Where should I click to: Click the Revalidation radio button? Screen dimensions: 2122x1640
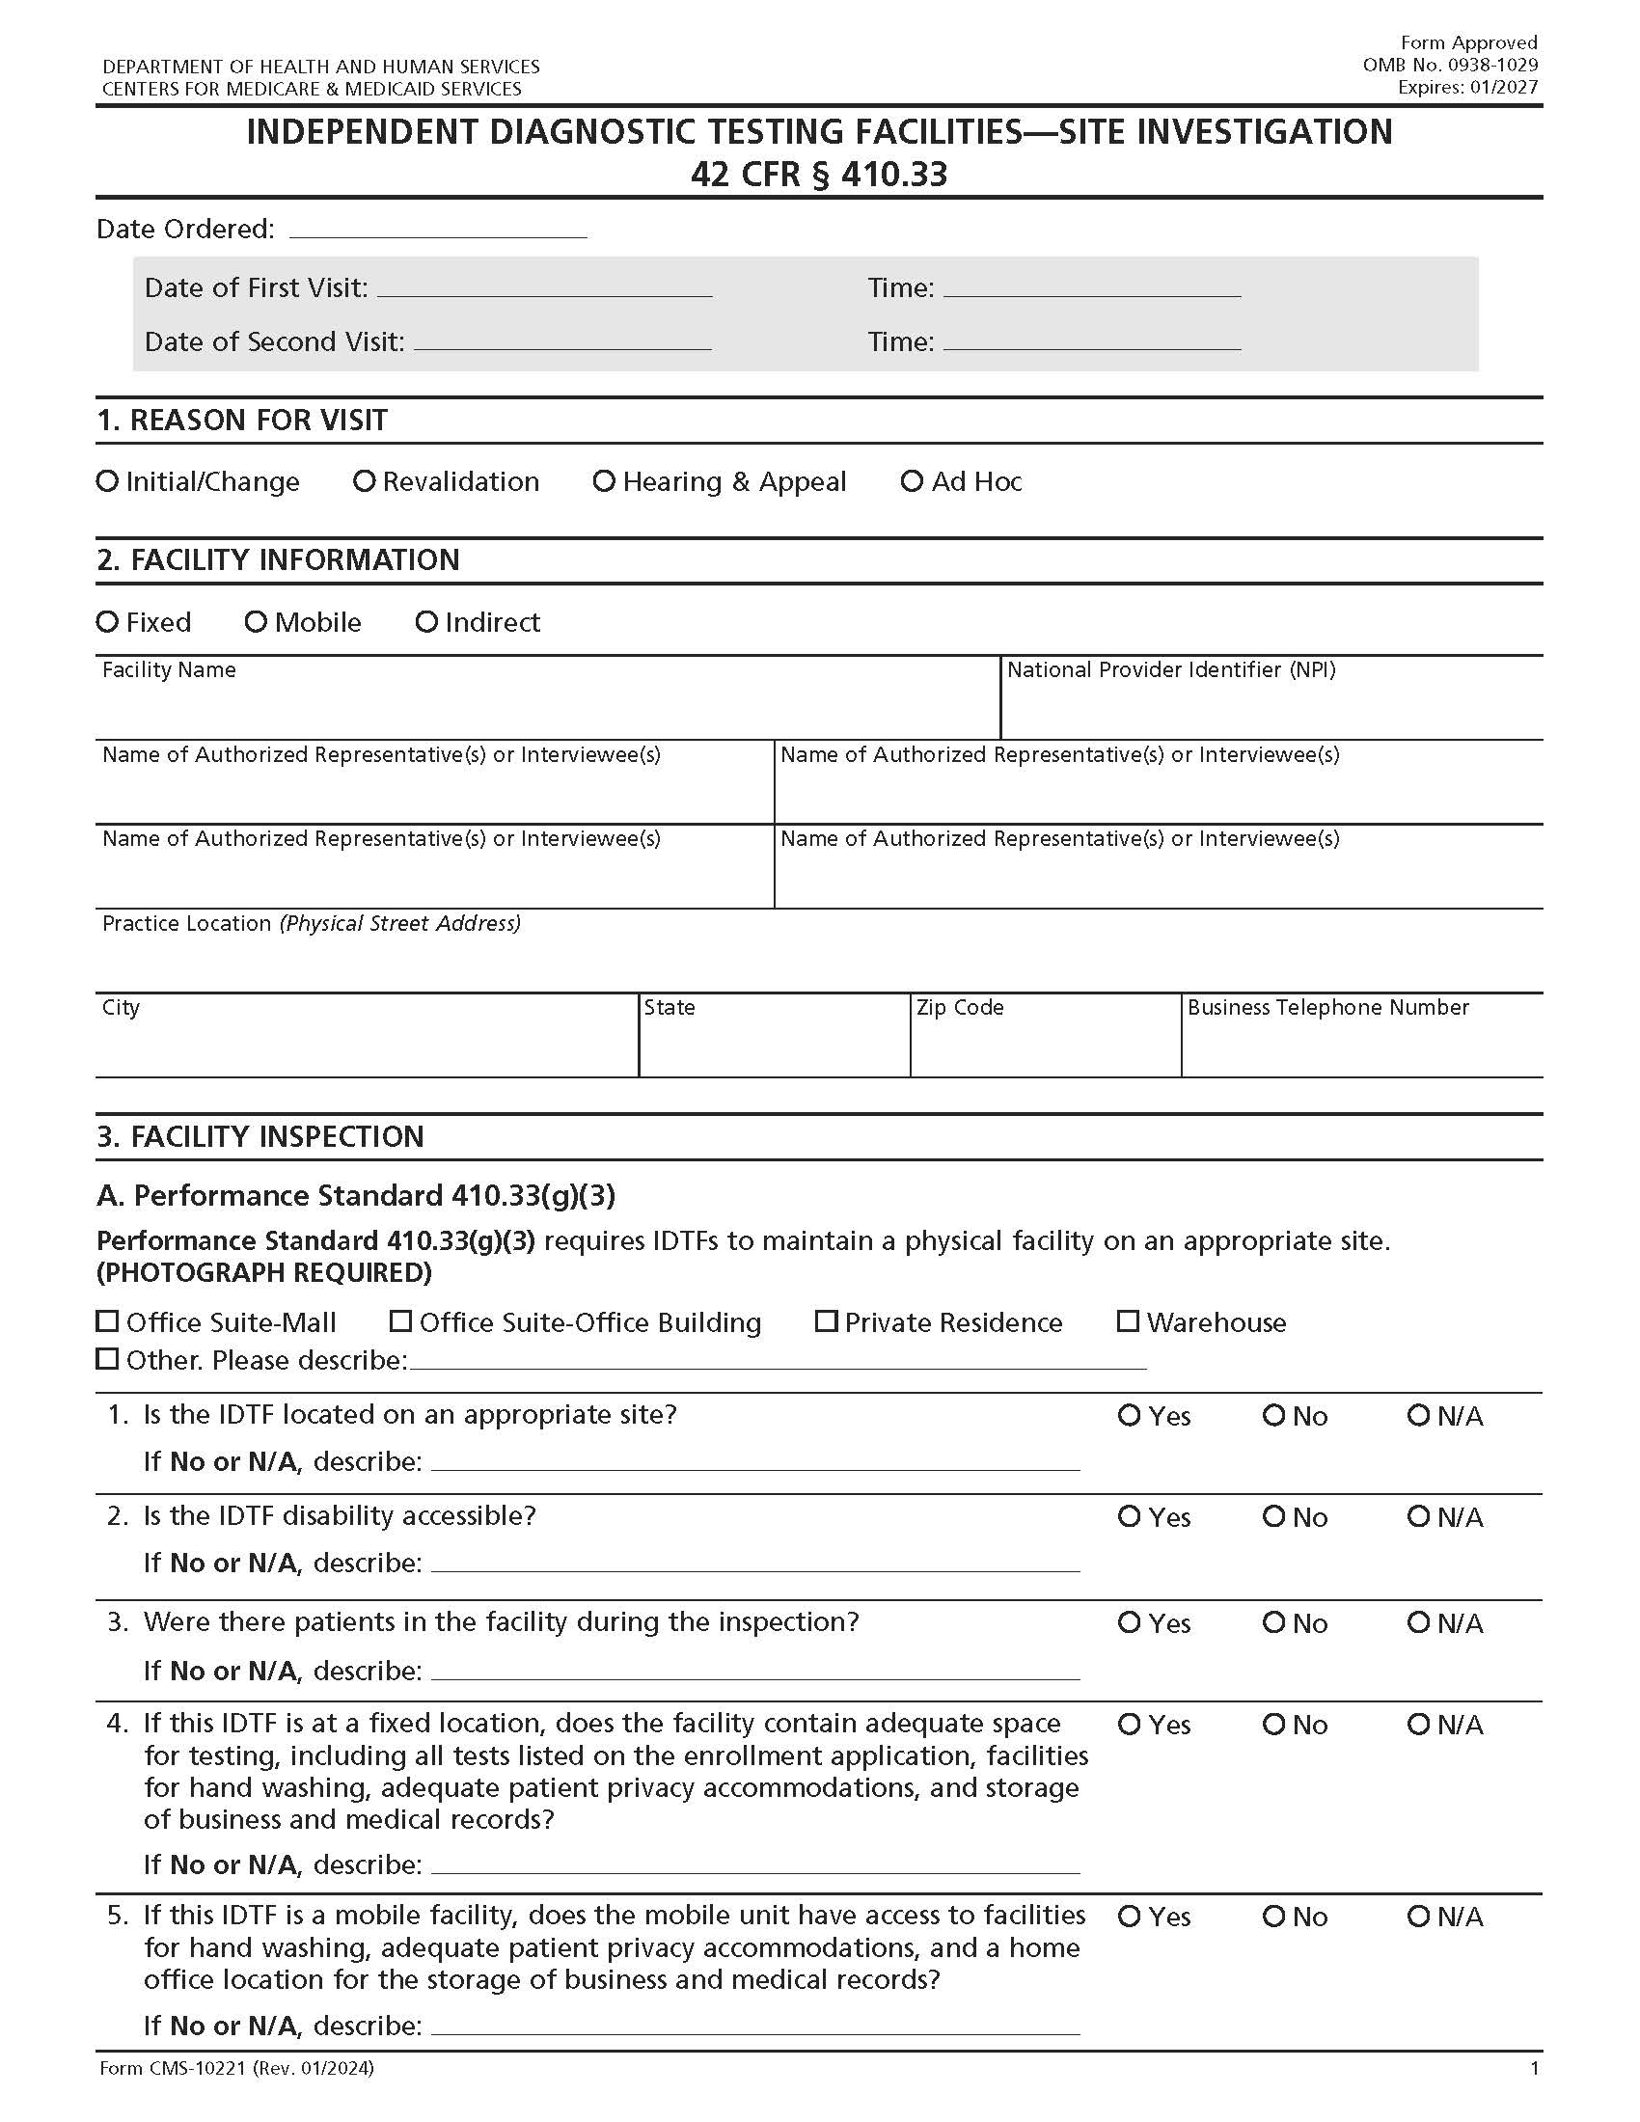click(x=364, y=481)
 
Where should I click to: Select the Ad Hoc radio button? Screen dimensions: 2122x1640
click(x=912, y=481)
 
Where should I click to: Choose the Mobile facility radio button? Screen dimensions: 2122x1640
click(x=256, y=622)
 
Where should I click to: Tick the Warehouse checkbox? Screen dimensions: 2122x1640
click(x=1127, y=1321)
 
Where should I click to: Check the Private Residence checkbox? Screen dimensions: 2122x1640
click(x=826, y=1321)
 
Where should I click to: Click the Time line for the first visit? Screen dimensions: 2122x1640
click(x=1091, y=288)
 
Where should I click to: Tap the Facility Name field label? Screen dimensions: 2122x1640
click(x=169, y=670)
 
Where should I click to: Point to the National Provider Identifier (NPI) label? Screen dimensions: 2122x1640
click(x=1171, y=670)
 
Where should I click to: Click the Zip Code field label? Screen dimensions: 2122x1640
click(x=959, y=1008)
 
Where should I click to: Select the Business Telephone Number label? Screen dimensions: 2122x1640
click(x=1327, y=1008)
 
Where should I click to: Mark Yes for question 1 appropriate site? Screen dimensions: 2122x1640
click(x=1128, y=1416)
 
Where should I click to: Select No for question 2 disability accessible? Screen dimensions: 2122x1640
click(x=1273, y=1516)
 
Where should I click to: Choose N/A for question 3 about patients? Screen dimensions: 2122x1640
click(x=1418, y=1622)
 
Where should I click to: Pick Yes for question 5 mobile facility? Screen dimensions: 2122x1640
click(x=1128, y=1917)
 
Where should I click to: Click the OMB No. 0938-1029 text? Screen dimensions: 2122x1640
click(x=1450, y=65)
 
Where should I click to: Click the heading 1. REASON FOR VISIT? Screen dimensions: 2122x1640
click(x=242, y=421)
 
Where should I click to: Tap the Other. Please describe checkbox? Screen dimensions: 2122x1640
click(x=107, y=1358)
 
